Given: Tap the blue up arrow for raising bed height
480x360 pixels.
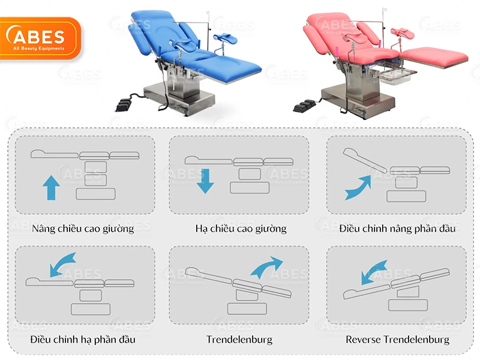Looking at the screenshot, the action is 51,188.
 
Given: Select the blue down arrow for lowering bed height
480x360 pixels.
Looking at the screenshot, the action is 205,181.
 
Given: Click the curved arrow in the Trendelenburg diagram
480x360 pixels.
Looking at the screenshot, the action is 266,267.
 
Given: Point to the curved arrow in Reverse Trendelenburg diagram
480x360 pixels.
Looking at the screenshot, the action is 373,272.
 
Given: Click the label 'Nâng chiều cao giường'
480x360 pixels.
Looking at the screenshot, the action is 83,229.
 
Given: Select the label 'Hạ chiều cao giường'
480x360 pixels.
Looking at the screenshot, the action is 241,229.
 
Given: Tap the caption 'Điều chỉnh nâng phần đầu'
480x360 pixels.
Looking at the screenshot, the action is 397,229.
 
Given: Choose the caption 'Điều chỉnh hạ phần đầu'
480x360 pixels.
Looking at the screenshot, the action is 83,340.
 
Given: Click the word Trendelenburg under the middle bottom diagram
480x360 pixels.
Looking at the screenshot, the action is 239,340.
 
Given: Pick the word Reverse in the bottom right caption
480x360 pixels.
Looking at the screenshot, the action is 364,340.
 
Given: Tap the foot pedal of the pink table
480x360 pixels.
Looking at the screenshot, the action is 304,106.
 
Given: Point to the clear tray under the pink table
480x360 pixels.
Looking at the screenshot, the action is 395,76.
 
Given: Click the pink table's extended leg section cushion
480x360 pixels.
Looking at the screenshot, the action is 434,57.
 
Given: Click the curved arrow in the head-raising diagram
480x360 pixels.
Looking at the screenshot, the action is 358,188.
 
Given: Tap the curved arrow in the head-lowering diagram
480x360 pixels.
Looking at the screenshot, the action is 62,264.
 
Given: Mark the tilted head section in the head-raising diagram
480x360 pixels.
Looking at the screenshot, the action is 365,160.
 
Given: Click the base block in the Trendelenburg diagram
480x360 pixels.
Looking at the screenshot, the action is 247,309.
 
